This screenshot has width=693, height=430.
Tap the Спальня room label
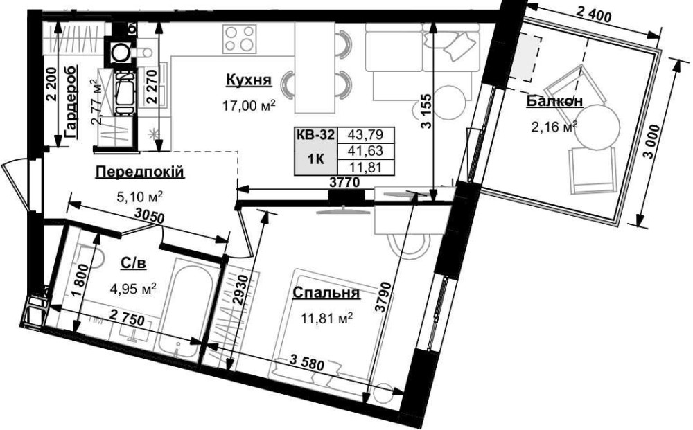click(326, 293)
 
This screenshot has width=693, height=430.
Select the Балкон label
click(554, 101)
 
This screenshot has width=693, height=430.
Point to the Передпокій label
click(140, 172)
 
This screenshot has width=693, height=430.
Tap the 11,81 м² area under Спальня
click(327, 317)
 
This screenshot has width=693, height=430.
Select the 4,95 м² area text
click(133, 289)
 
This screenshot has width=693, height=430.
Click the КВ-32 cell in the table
click(316, 134)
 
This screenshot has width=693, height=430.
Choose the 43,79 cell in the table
click(365, 134)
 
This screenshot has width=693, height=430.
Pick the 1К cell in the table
click(316, 159)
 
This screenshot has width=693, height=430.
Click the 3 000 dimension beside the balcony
click(655, 144)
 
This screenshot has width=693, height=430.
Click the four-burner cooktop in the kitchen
click(240, 38)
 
